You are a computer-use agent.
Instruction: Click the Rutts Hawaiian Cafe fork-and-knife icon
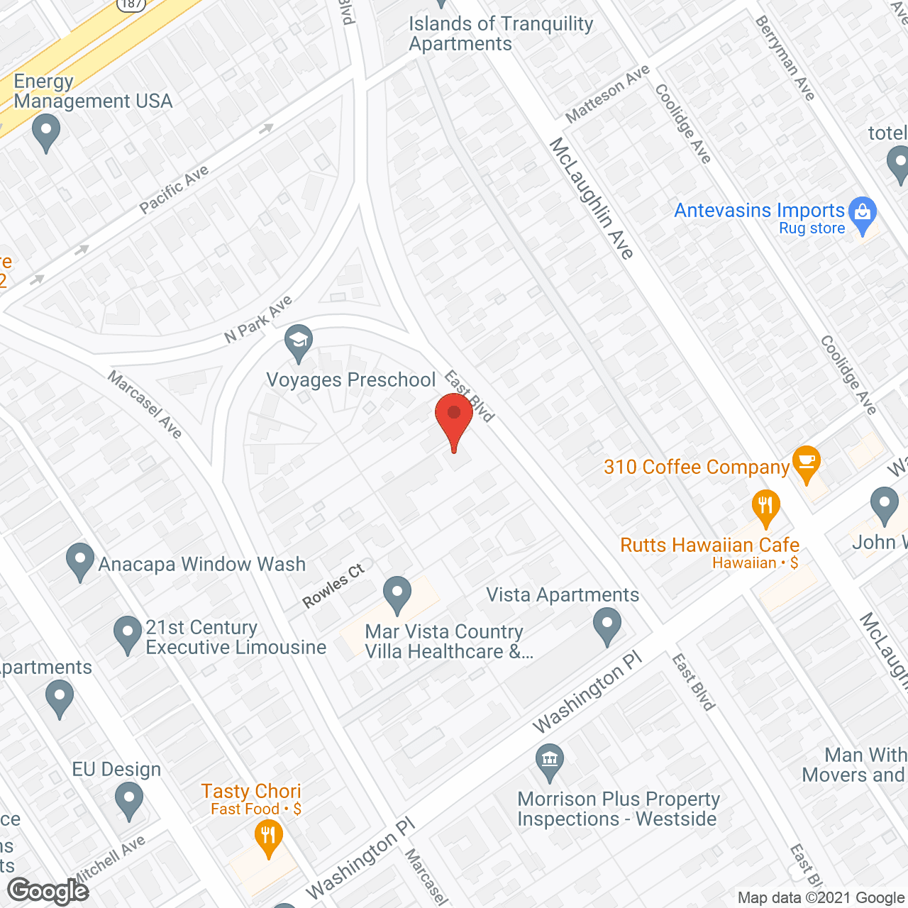(x=765, y=506)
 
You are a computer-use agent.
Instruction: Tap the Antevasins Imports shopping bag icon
(x=863, y=213)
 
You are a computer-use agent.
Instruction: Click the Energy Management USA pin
(x=46, y=132)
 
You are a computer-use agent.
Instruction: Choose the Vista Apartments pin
(x=607, y=626)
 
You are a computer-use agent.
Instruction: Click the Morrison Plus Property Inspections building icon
(x=550, y=760)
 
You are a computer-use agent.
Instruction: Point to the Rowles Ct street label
(x=333, y=585)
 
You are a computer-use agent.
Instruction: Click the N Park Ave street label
(x=258, y=319)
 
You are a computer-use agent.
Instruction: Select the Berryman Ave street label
(x=785, y=58)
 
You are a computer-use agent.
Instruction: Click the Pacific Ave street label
(x=174, y=189)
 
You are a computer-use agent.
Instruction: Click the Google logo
(x=48, y=891)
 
